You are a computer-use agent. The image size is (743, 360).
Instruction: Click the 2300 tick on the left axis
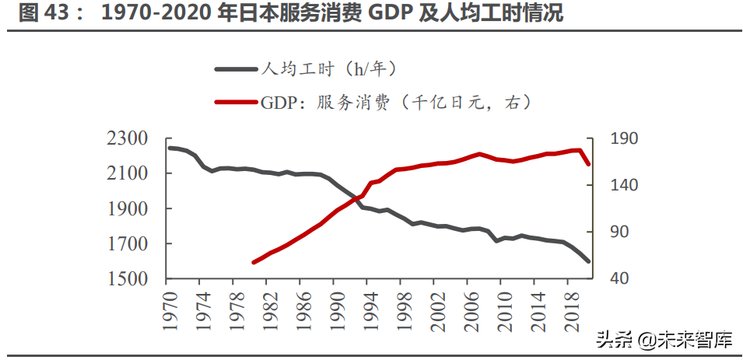coord(128,139)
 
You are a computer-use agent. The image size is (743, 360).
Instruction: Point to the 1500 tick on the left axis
coord(128,278)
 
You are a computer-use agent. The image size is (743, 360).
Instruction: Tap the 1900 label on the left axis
coord(128,208)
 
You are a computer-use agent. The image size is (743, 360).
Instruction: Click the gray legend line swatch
coord(236,69)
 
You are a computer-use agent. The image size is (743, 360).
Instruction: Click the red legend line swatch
coord(236,102)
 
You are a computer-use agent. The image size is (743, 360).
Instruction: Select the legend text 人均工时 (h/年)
coord(329,69)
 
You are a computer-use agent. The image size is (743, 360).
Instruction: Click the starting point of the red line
coord(253,263)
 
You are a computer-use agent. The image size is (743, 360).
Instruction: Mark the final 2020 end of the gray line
coord(588,261)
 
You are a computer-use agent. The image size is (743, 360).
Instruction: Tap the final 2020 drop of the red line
coord(588,164)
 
